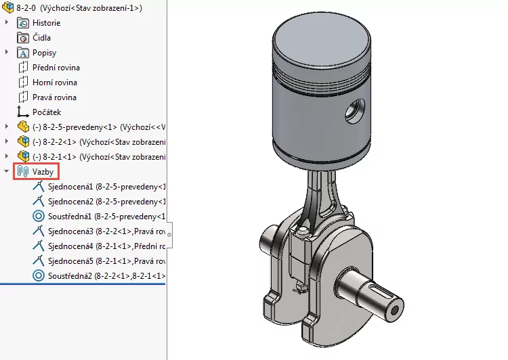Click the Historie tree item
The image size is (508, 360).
pyautogui.click(x=46, y=23)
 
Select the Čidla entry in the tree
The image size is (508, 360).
pyautogui.click(x=41, y=38)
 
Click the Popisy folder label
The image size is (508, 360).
pyautogui.click(x=44, y=53)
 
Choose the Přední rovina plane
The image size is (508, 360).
pyautogui.click(x=56, y=68)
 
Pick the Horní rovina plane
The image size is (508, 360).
pyautogui.click(x=54, y=83)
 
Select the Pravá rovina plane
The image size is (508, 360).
pyautogui.click(x=54, y=97)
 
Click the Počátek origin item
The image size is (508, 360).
pyautogui.click(x=47, y=112)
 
